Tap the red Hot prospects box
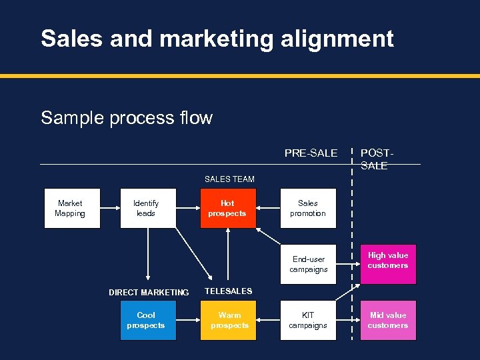tap(228, 209)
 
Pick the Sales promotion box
tap(308, 209)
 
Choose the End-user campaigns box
tap(308, 265)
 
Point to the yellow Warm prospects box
tap(228, 321)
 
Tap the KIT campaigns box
tap(308, 321)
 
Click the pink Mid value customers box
tap(388, 321)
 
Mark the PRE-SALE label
tap(311, 153)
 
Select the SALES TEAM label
tap(229, 179)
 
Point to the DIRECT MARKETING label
tap(149, 293)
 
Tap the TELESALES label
tap(229, 291)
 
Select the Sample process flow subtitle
tap(127, 118)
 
